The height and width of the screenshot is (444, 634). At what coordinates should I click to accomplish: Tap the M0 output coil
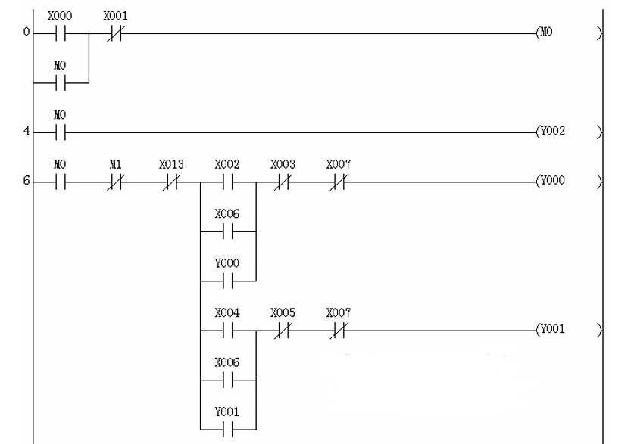click(548, 34)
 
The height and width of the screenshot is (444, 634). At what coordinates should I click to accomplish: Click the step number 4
click(26, 130)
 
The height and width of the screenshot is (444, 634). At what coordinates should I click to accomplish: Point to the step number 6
click(26, 182)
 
